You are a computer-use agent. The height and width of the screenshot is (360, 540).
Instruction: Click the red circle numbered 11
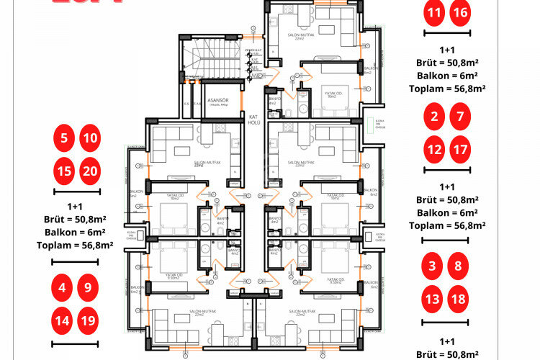[433, 13]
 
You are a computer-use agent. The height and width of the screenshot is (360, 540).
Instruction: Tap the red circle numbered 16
[460, 13]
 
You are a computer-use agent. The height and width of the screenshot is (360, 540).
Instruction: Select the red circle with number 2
[433, 117]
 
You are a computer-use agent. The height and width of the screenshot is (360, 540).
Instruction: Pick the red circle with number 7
[460, 117]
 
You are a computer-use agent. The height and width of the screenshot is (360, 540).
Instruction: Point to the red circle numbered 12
[433, 150]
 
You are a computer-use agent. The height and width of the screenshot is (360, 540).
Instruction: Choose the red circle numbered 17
[460, 150]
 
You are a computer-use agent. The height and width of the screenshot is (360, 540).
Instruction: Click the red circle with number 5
[65, 137]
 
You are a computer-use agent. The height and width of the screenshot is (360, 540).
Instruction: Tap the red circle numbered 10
[90, 137]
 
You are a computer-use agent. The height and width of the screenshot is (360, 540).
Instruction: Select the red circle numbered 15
[65, 171]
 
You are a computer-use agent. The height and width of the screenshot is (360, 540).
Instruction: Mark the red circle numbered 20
[90, 171]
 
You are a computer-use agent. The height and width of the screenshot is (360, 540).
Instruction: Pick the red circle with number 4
[63, 287]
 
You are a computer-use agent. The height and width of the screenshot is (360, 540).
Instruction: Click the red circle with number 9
[88, 287]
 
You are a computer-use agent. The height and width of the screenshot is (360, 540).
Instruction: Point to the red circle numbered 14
[63, 319]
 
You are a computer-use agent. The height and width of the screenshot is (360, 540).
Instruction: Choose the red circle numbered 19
[88, 319]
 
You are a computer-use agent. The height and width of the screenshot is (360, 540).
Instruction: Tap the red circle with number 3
[432, 266]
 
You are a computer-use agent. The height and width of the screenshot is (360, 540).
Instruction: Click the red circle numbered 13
[432, 298]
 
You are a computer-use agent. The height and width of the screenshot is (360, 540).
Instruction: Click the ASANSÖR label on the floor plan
[217, 101]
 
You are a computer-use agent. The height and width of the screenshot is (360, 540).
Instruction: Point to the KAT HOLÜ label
[253, 119]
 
